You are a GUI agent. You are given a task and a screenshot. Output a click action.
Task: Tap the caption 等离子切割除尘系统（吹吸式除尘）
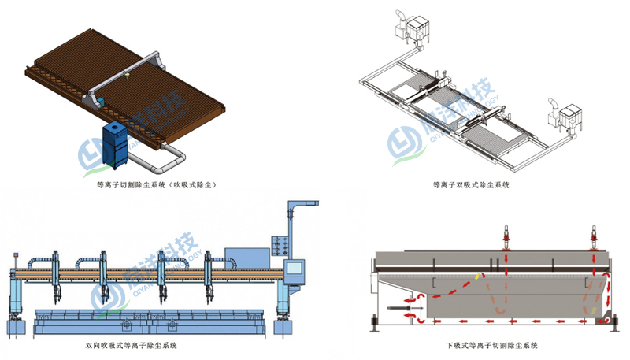[155, 186]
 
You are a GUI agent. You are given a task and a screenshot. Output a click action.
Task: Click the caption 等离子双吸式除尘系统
[471, 186]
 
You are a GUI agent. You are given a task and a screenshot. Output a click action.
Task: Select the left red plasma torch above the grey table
[506, 236]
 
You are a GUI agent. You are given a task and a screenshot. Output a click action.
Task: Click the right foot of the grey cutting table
[611, 323]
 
